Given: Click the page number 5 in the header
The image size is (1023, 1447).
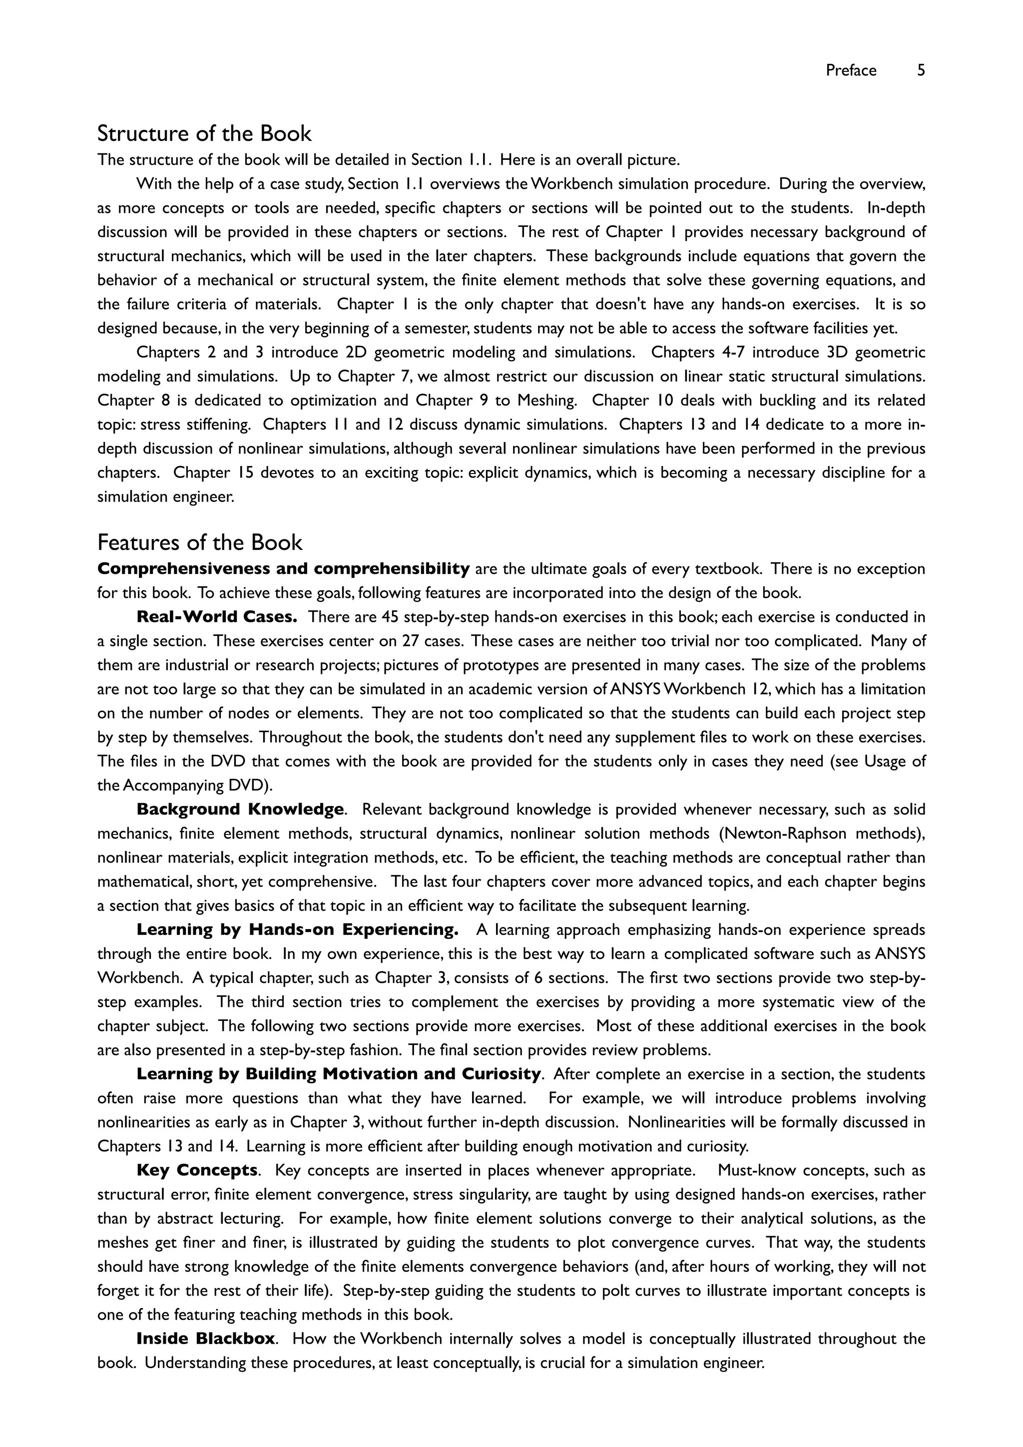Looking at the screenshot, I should tap(921, 70).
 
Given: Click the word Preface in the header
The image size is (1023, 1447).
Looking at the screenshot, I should tap(851, 70).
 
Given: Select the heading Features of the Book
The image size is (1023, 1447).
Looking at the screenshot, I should tap(200, 542).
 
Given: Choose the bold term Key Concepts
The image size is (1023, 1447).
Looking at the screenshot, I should tap(197, 1170).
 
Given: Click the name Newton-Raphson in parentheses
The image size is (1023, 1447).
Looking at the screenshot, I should tap(787, 834).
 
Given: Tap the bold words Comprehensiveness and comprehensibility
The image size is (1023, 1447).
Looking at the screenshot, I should tap(284, 569).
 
